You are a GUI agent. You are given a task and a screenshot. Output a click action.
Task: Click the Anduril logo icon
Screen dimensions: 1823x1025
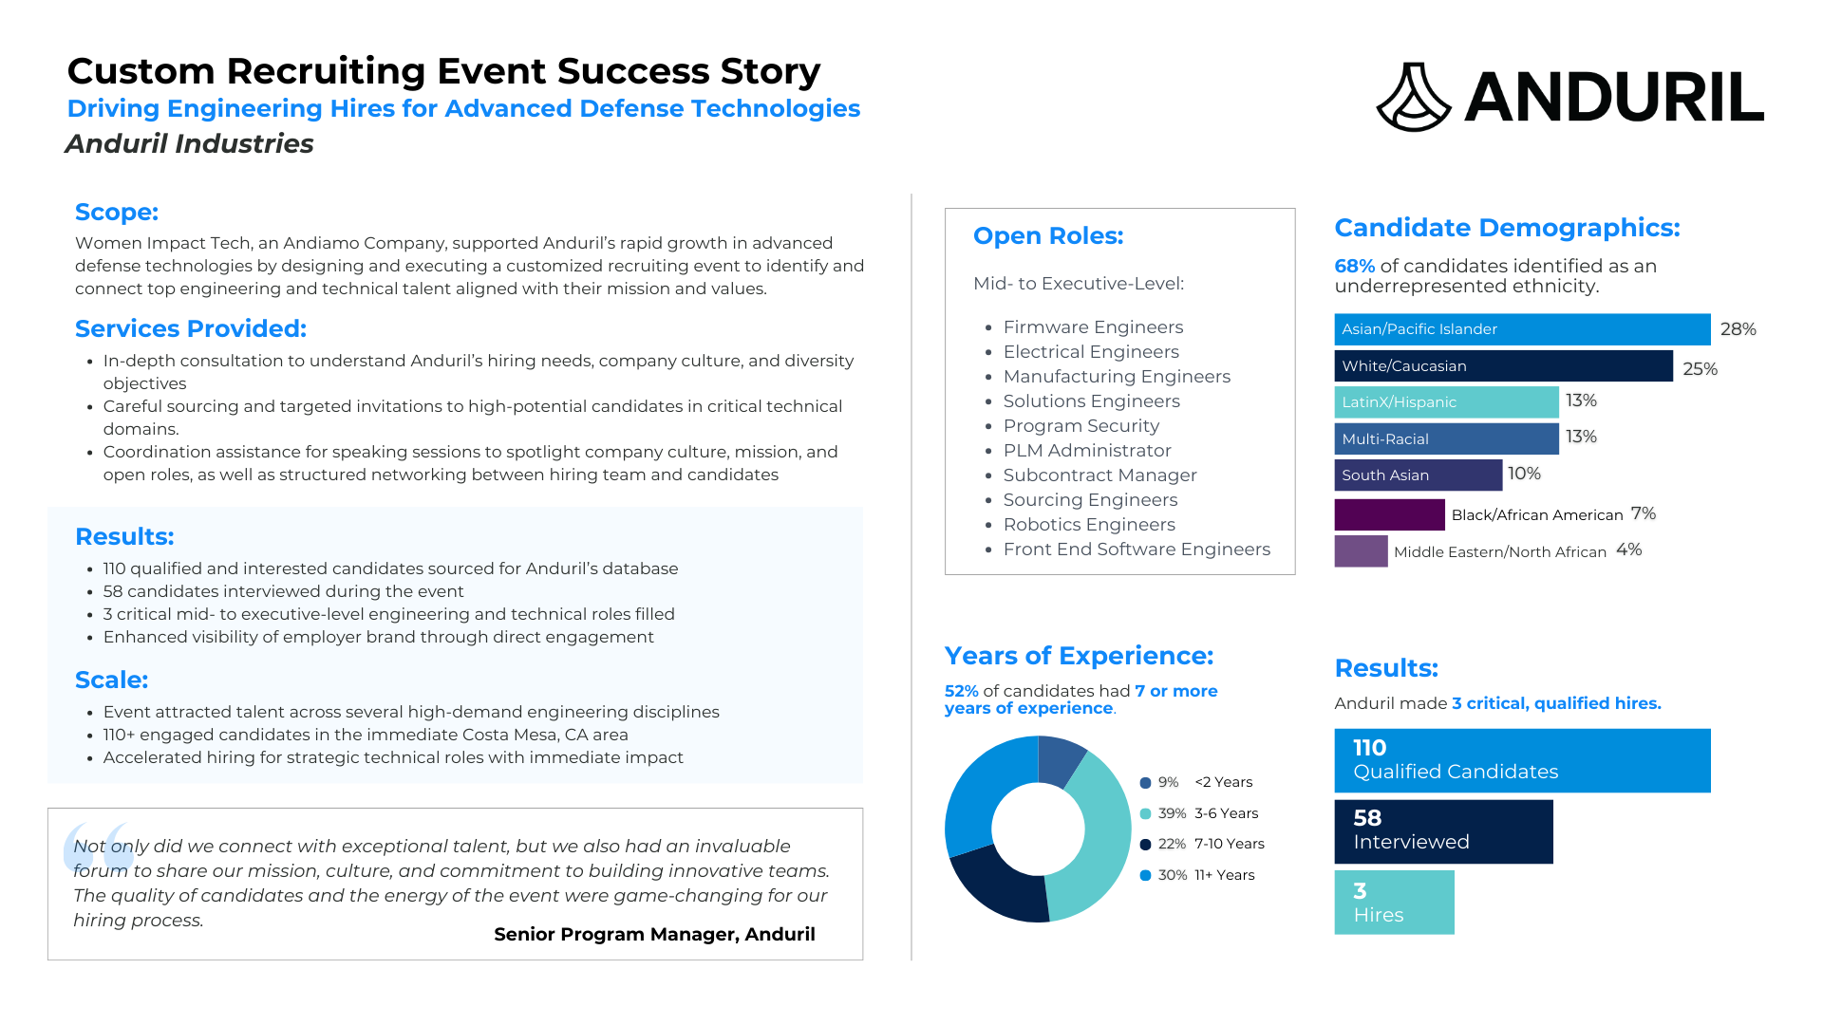click(1414, 97)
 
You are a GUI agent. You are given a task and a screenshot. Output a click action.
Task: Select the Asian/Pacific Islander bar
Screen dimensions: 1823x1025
click(1522, 329)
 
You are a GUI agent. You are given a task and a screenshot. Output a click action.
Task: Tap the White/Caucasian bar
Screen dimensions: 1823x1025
click(1503, 366)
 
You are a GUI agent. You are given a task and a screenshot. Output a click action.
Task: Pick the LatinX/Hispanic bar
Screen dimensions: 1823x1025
click(1446, 402)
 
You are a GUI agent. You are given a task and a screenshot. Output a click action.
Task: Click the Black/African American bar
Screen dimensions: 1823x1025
click(1389, 514)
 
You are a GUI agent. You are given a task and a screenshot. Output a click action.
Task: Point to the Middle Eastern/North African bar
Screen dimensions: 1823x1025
click(1361, 551)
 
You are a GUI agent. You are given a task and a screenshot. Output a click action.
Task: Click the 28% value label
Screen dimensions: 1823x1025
click(1738, 329)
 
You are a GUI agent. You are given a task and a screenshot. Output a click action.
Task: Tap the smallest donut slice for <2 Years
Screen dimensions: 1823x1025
click(1061, 760)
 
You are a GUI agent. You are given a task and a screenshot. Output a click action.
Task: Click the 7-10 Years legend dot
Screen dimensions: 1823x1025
click(1145, 845)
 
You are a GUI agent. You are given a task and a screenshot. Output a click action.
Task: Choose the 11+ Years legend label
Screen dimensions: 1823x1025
click(1225, 875)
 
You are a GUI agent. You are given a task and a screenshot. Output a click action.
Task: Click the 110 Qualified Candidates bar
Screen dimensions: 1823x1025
click(1522, 760)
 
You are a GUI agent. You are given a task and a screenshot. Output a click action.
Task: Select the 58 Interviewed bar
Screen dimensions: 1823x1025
click(1443, 831)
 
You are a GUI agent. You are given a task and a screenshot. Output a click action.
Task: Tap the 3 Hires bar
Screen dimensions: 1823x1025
click(1394, 903)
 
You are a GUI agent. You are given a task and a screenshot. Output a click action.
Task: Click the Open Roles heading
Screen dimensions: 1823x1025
click(1048, 235)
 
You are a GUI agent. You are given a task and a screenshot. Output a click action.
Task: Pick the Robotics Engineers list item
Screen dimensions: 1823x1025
click(1089, 525)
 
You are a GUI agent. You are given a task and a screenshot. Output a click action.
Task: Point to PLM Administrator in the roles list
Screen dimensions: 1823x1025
click(1087, 451)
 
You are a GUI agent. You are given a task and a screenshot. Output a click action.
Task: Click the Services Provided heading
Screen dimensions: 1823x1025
click(191, 328)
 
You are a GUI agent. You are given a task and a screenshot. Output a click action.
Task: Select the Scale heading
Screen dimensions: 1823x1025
click(112, 680)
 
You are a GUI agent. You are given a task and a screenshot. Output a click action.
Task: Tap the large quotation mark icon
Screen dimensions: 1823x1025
click(97, 848)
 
